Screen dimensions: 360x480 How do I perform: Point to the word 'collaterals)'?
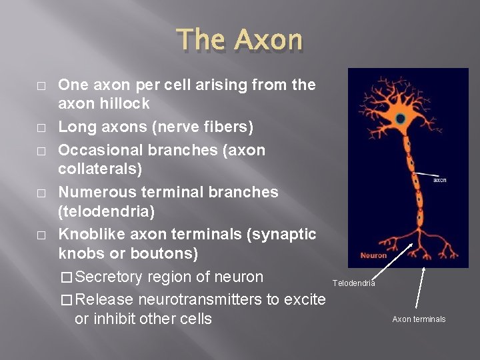click(x=100, y=169)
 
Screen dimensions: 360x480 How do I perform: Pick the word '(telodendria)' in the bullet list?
click(x=105, y=211)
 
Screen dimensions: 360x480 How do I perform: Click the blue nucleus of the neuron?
click(x=399, y=119)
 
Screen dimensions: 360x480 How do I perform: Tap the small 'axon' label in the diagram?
click(x=439, y=180)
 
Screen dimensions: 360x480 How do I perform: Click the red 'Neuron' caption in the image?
click(x=373, y=255)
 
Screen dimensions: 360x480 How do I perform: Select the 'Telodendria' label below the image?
click(x=353, y=283)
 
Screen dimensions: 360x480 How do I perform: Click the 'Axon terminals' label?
click(x=419, y=319)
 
